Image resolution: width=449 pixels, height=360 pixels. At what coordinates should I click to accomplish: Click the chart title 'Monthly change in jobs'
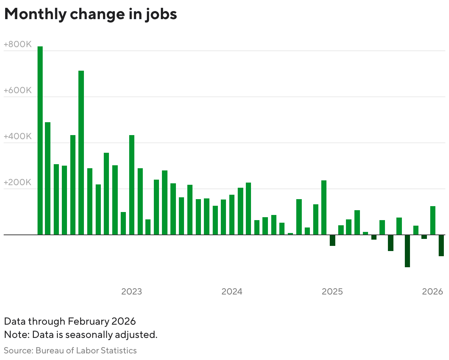(x=91, y=14)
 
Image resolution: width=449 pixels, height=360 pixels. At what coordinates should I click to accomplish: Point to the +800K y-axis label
(x=18, y=45)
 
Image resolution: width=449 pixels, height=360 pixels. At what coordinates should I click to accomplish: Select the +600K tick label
(x=18, y=91)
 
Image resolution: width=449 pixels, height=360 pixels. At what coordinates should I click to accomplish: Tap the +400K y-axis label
(x=18, y=137)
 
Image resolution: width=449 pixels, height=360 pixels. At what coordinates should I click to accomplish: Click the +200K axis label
(x=18, y=183)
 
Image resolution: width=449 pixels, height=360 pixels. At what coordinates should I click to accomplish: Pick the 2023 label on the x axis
(x=131, y=292)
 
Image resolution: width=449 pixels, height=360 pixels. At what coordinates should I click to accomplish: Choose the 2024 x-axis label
(x=232, y=292)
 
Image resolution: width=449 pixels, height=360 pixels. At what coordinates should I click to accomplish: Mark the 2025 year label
(x=332, y=292)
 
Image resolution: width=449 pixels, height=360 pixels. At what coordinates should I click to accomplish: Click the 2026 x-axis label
(x=432, y=292)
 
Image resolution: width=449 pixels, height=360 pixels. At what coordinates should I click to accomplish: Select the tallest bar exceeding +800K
(x=40, y=140)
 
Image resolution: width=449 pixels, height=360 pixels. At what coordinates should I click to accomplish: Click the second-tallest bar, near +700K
(x=81, y=152)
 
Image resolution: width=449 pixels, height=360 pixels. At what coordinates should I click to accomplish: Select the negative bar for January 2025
(x=332, y=240)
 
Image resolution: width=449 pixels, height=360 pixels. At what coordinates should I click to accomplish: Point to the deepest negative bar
(x=407, y=251)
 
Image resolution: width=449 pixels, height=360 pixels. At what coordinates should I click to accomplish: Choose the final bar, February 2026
(x=441, y=245)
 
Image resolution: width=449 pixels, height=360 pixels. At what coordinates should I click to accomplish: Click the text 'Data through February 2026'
(x=70, y=321)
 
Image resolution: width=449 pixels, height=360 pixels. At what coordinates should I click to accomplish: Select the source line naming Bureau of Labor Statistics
(x=70, y=350)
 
